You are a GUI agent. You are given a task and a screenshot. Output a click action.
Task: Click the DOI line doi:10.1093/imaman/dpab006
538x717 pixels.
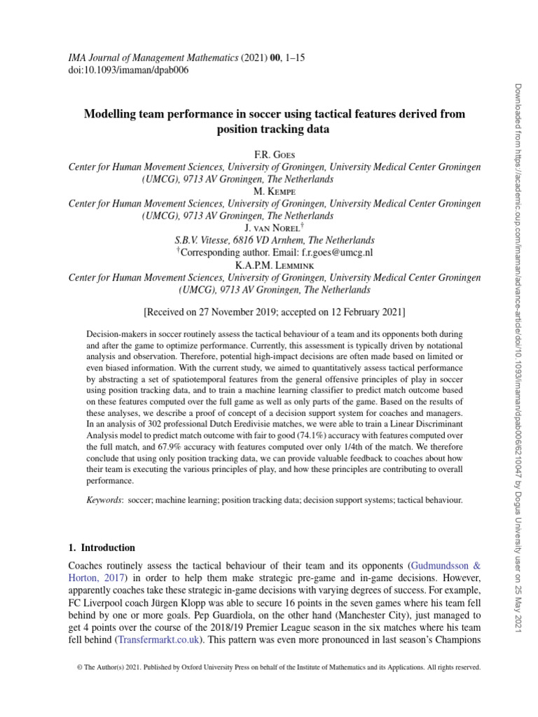click(x=123, y=70)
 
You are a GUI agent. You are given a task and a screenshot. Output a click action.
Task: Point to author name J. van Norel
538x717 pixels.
click(x=273, y=227)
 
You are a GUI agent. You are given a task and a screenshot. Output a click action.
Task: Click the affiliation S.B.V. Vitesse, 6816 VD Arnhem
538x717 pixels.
click(x=274, y=239)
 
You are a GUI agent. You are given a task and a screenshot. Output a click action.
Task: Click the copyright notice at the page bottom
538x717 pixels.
click(x=278, y=668)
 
